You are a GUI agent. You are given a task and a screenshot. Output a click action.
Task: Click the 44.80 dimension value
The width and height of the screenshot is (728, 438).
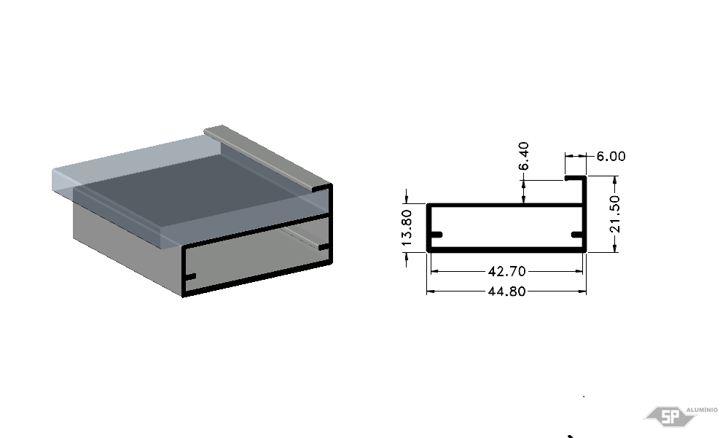click(x=506, y=292)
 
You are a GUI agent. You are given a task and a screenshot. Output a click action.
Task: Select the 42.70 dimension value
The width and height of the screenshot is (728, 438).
click(x=506, y=271)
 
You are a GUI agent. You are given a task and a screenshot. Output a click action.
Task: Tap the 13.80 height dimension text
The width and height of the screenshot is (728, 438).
click(x=406, y=227)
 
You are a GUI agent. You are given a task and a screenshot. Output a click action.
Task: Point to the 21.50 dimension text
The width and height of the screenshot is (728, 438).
click(x=615, y=214)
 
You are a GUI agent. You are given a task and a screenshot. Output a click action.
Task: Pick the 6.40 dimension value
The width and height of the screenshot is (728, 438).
click(x=523, y=156)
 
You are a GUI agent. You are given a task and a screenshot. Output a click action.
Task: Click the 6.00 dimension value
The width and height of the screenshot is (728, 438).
click(x=611, y=156)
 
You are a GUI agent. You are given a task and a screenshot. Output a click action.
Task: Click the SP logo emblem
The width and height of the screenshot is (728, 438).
click(x=670, y=416)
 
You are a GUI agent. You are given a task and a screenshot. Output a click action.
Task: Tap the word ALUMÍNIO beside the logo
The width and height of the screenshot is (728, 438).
click(x=702, y=410)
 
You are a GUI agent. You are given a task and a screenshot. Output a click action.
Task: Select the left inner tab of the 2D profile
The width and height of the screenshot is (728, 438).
click(x=437, y=234)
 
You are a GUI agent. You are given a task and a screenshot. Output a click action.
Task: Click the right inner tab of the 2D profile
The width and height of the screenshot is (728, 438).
click(x=576, y=234)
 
